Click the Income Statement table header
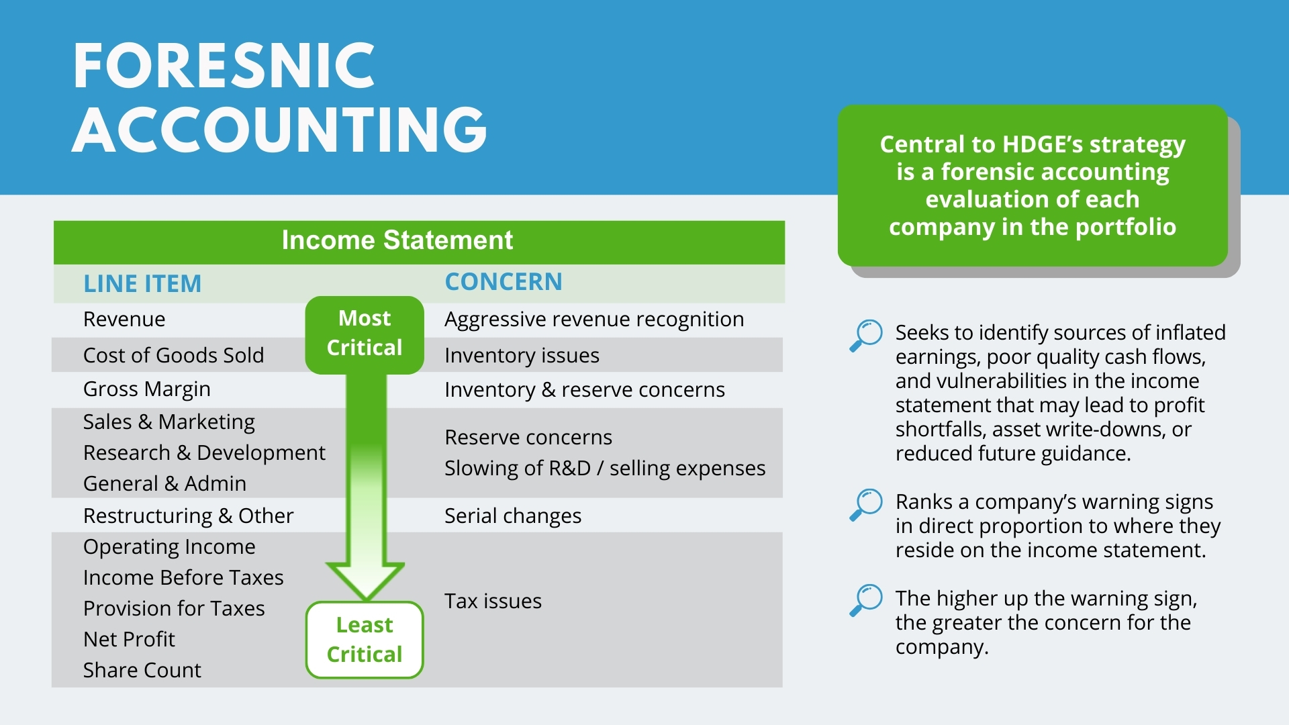point(397,240)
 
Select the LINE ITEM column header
point(142,284)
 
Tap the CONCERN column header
point(504,282)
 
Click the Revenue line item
point(124,320)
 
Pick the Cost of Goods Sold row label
point(173,355)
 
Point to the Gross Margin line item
point(146,389)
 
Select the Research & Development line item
point(204,453)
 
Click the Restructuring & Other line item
point(188,516)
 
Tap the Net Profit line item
point(129,640)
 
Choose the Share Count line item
point(142,671)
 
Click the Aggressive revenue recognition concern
point(594,320)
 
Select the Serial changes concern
point(513,516)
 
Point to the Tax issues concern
point(493,601)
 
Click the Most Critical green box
point(365,333)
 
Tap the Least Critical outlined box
point(365,640)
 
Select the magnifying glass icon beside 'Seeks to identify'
point(866,335)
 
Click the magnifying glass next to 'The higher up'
point(866,599)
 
